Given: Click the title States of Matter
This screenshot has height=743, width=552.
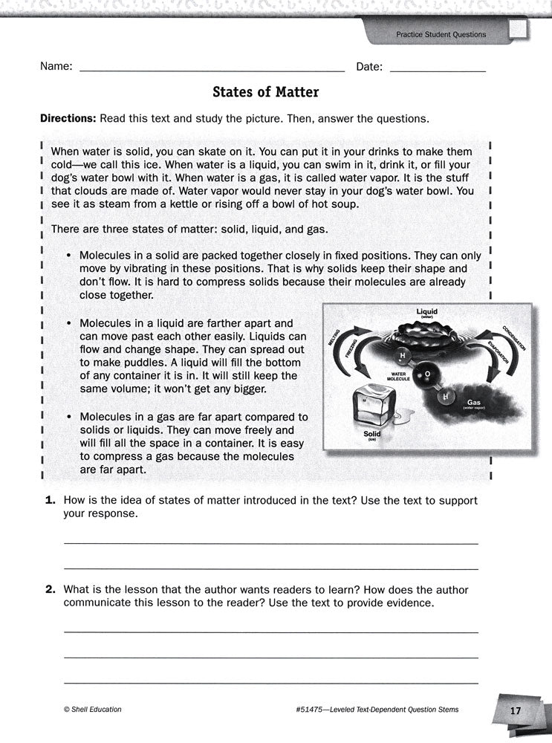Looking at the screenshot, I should (265, 92).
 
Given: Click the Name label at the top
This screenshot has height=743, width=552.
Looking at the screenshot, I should (56, 67).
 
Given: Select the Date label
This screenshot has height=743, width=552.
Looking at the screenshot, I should (369, 67).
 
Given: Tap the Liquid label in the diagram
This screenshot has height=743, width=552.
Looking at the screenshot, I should (427, 311).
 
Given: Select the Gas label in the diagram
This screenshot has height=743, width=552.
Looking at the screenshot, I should (474, 402).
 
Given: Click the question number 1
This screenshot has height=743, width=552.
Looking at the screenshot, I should (51, 502).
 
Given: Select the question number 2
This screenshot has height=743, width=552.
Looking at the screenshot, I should (51, 590).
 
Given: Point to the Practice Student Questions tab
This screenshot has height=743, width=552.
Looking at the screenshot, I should (441, 34).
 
